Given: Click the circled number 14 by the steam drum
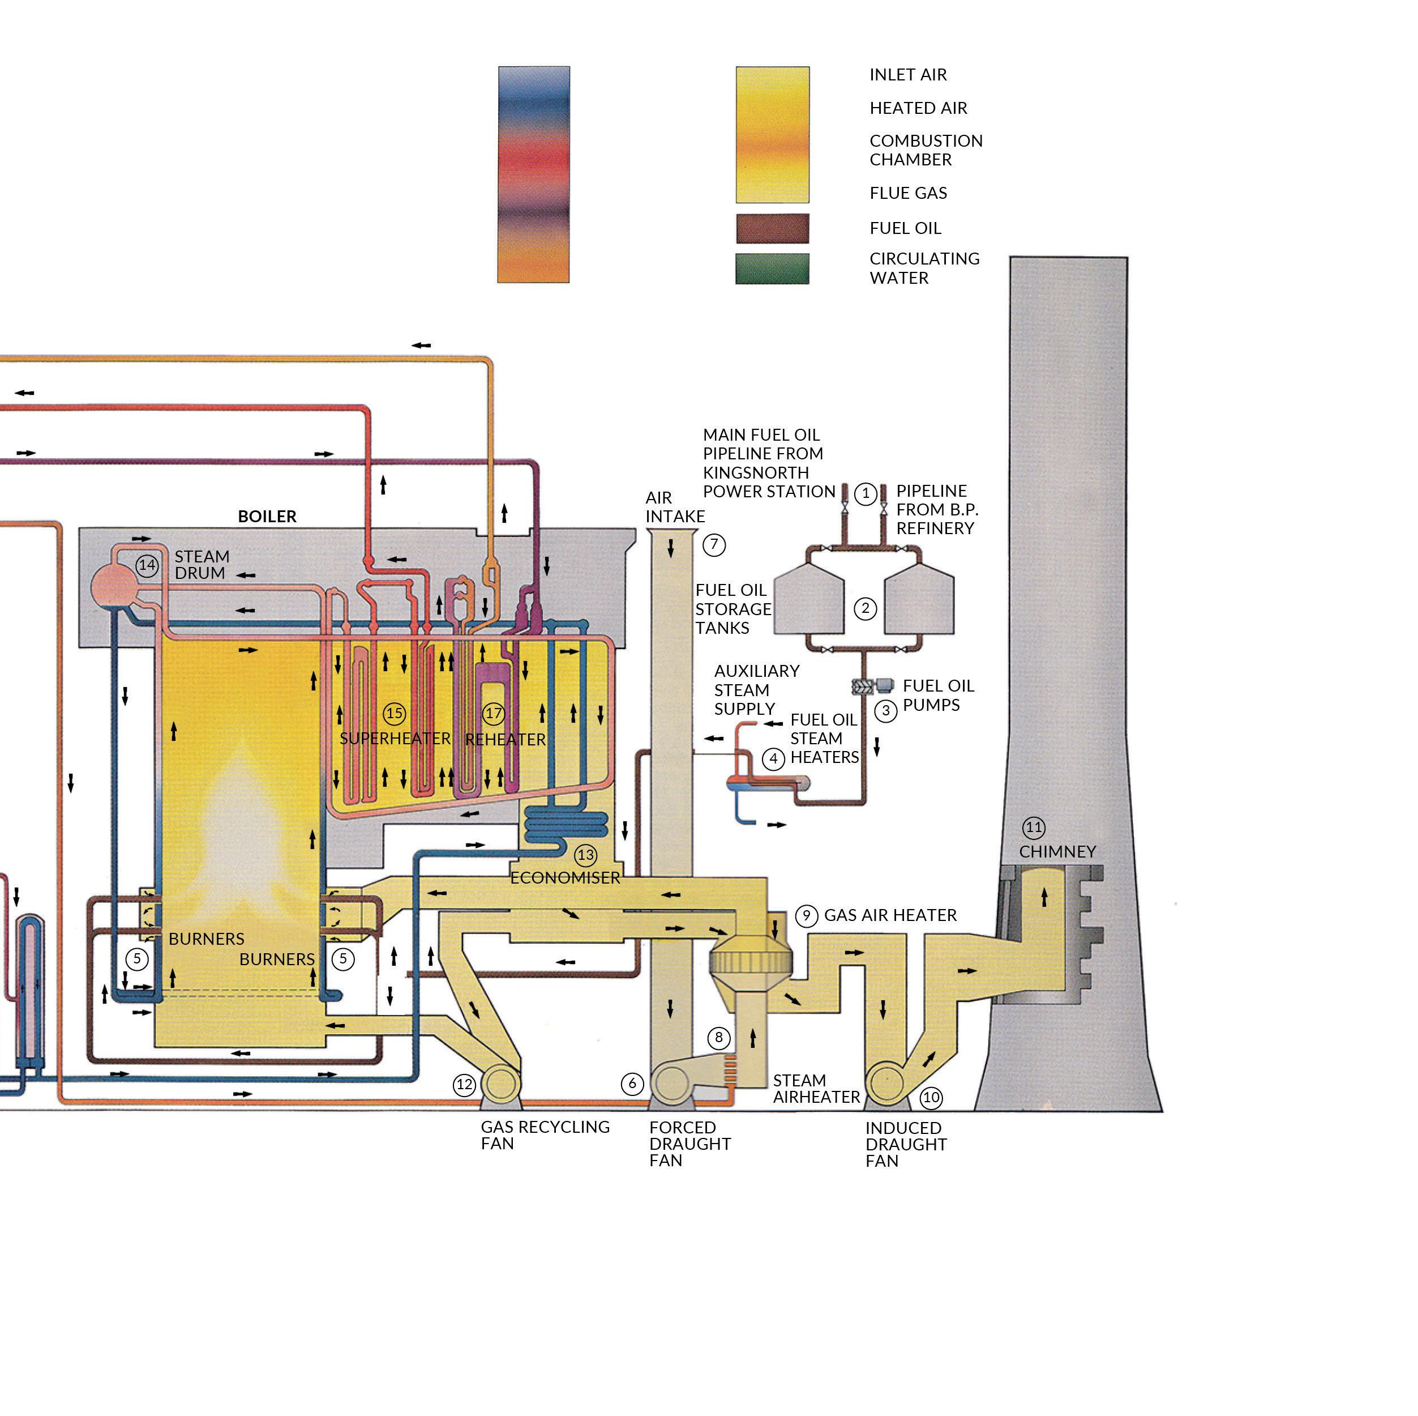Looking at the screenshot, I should pos(147,565).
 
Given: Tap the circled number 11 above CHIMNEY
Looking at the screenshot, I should pos(1034,828).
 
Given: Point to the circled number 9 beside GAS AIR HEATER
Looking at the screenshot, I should pos(807,915).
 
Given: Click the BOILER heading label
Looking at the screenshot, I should pos(267,517).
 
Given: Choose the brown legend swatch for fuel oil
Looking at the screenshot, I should pos(772,228).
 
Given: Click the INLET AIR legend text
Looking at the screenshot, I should pos(908,75).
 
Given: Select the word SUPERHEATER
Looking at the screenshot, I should pos(395,738).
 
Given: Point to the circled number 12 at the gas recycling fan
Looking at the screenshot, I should pos(465,1084).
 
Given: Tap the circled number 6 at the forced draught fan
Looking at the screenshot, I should pos(632,1084).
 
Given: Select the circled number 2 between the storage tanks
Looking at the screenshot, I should pos(866,608).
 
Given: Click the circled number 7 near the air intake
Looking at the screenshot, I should pos(714,545).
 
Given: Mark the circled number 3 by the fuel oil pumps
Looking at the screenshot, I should pos(886,711).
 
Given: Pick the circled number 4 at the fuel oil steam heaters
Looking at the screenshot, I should pos(773,758).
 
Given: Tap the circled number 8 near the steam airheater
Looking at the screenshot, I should pos(718,1038).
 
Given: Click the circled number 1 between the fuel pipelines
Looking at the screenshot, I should pos(866,493).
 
